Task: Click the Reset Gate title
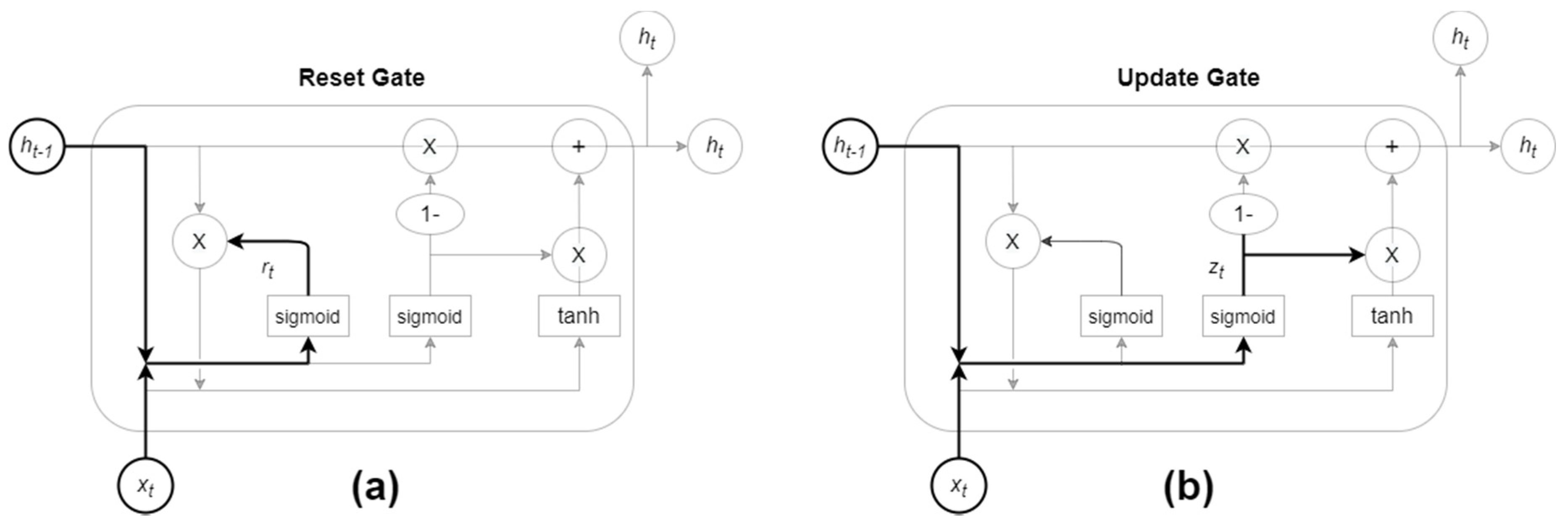tap(361, 78)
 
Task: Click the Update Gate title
tap(1188, 78)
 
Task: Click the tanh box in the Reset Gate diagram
tap(579, 315)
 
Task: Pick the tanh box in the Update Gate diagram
tap(1392, 315)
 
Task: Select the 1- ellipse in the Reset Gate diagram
tap(430, 214)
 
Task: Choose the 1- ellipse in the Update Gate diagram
tap(1244, 214)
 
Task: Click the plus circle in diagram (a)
tap(579, 146)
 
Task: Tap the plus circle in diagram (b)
tap(1392, 146)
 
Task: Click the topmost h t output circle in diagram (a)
tap(647, 38)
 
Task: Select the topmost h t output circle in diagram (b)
tap(1460, 38)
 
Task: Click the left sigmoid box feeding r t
tap(308, 316)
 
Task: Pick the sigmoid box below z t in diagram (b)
tap(1243, 316)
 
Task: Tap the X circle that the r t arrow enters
tap(199, 241)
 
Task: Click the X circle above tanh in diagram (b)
tap(1392, 255)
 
